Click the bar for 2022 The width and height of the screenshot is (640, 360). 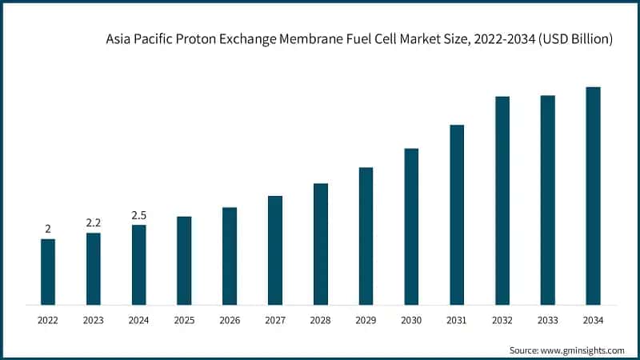click(48, 272)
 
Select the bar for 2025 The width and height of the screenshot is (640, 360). click(184, 261)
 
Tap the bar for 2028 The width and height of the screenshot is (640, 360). click(321, 244)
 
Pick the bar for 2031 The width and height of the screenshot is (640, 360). click(457, 214)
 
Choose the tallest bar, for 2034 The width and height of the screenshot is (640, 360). click(593, 196)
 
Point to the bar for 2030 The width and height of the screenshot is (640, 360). click(411, 226)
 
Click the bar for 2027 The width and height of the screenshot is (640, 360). click(275, 250)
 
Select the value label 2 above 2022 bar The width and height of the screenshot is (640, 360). click(48, 229)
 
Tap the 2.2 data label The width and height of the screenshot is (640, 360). click(94, 222)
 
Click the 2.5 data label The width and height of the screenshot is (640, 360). click(139, 215)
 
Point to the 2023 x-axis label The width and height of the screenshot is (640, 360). click(94, 320)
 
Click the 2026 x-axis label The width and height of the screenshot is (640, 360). click(230, 320)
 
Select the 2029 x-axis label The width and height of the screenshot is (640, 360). click(366, 320)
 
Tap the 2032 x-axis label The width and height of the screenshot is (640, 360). click(502, 320)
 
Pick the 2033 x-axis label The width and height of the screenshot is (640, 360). click(547, 320)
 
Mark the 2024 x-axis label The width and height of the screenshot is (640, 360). click(139, 320)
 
